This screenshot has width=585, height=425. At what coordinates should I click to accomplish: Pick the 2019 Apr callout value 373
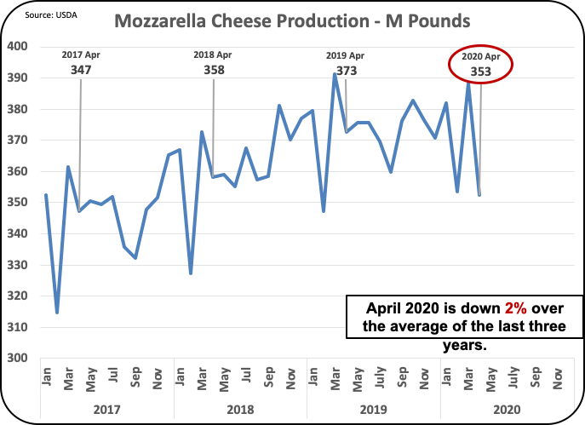pos(346,71)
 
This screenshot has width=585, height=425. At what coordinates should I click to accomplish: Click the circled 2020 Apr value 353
pos(480,72)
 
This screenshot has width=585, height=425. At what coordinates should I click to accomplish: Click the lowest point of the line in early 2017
pos(57,313)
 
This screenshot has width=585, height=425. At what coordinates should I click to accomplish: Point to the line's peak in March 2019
pos(335,74)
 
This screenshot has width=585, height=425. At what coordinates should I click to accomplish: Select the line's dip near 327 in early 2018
pos(191,273)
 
